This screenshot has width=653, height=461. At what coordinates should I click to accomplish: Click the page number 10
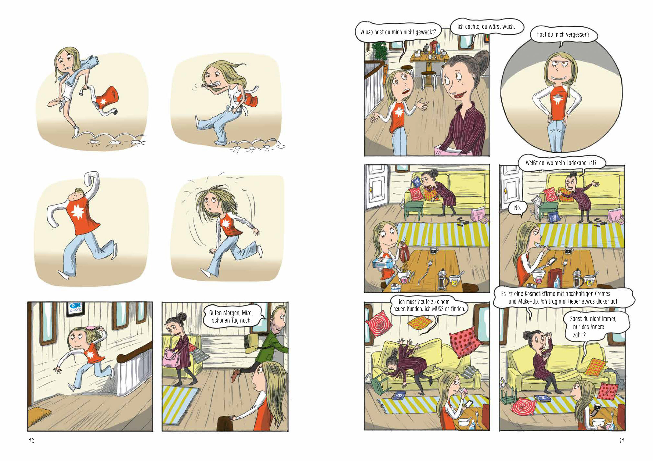pos(32,441)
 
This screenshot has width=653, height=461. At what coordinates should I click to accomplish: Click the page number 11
pos(621,441)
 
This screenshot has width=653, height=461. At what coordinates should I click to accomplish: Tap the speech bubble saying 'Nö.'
pos(517,208)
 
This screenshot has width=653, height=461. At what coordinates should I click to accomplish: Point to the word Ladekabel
pos(575,163)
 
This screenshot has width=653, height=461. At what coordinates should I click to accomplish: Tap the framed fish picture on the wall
pos(76,309)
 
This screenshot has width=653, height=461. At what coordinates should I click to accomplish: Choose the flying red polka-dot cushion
pos(462,344)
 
